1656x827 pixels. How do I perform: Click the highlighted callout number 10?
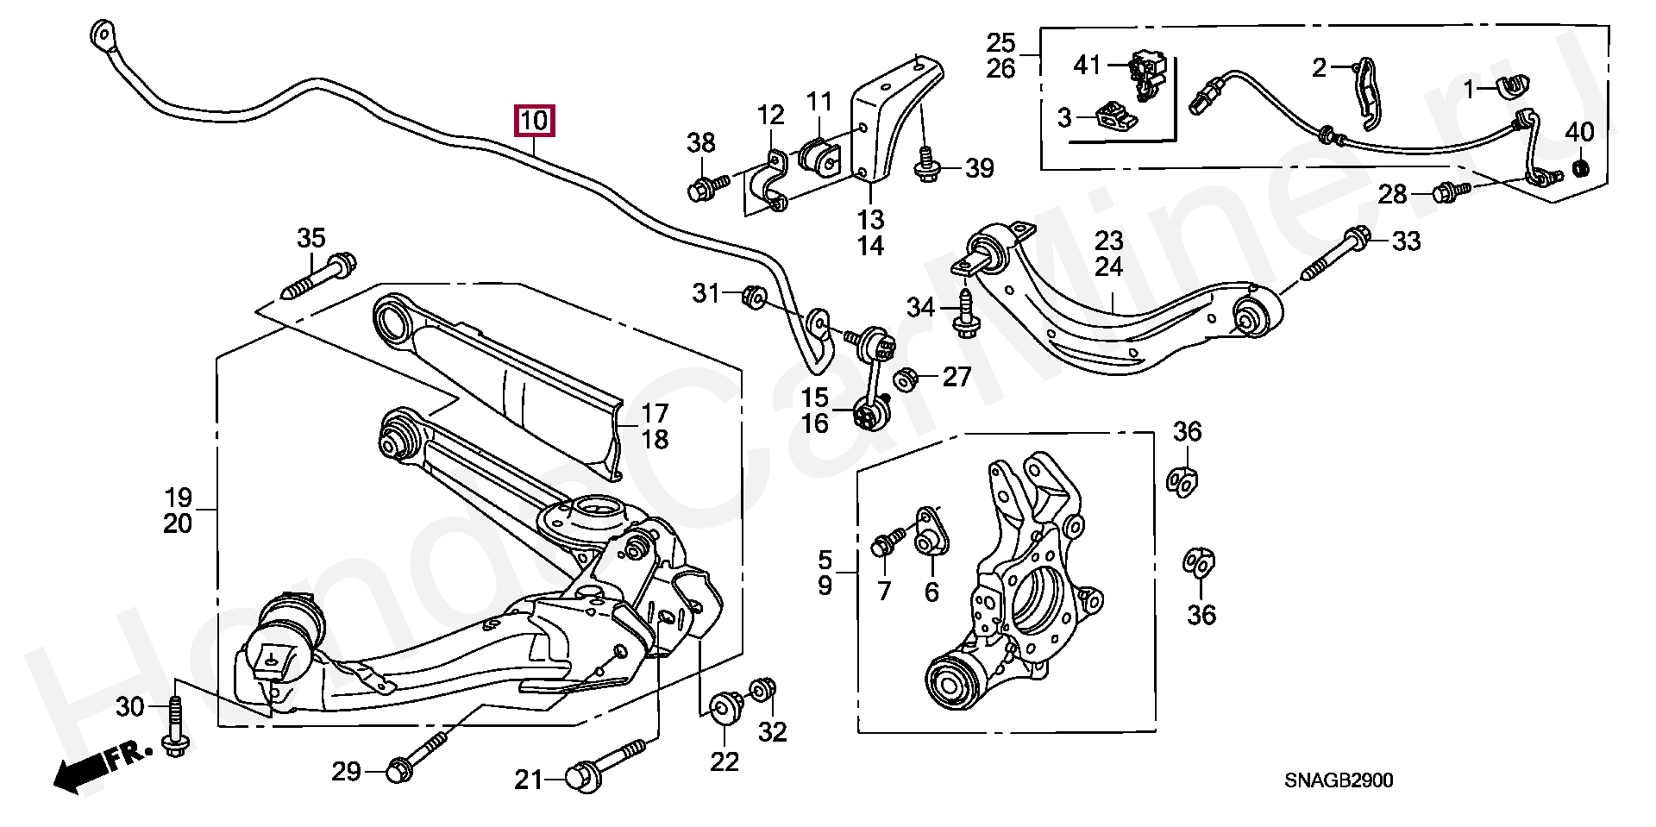[534, 122]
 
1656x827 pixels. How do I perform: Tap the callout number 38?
[701, 144]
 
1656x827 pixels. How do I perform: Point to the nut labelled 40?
[1581, 167]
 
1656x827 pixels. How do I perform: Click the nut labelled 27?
[906, 379]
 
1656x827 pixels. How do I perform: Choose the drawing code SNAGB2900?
[1338, 780]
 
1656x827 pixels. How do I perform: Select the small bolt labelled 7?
[888, 541]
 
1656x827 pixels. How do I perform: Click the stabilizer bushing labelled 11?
[821, 158]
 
